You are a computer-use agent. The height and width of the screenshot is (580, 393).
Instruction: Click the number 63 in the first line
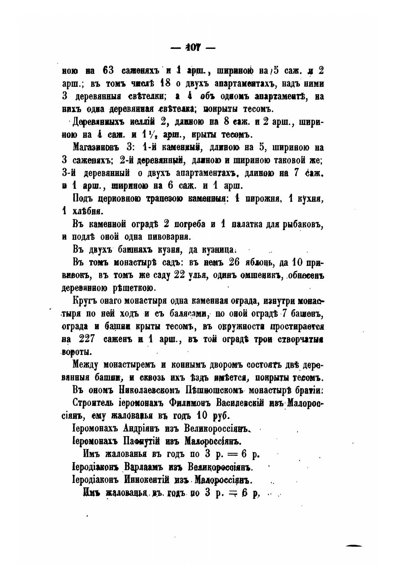tap(108, 71)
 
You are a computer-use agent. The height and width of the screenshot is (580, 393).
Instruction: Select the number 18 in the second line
tap(165, 84)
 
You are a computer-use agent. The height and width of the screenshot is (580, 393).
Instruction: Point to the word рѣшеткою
tap(135, 287)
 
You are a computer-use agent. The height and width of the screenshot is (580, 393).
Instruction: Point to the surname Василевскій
tap(240, 403)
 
